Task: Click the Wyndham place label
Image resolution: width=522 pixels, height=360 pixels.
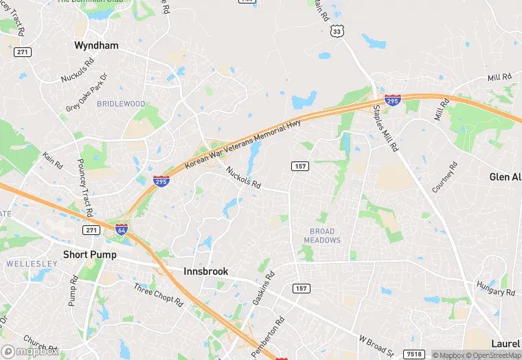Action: coord(96,45)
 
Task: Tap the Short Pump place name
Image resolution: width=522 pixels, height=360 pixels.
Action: coord(89,254)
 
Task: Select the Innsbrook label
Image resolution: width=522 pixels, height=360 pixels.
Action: coord(205,271)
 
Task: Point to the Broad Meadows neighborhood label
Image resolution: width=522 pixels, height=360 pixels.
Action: coord(322,236)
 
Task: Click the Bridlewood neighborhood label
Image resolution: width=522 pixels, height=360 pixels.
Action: coord(121,104)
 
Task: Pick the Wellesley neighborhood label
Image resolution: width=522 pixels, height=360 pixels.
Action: coord(26,264)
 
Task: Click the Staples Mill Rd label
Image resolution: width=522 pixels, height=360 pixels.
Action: coord(385,128)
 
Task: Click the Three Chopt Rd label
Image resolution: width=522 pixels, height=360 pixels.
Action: coord(158,295)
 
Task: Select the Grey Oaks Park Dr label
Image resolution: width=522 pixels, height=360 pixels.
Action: coord(87,93)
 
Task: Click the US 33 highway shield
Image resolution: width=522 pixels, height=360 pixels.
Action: coord(336,31)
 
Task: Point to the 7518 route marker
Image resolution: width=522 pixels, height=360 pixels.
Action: coord(414,354)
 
